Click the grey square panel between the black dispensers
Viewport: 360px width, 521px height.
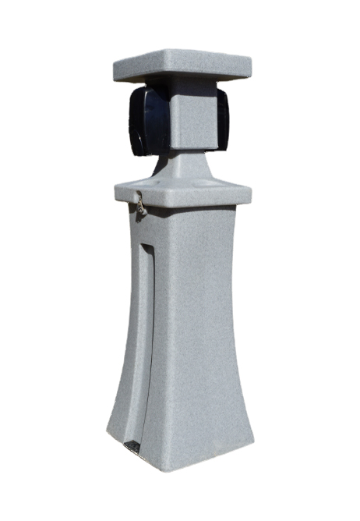[x=190, y=121]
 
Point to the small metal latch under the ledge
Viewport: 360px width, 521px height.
[x=141, y=206]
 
